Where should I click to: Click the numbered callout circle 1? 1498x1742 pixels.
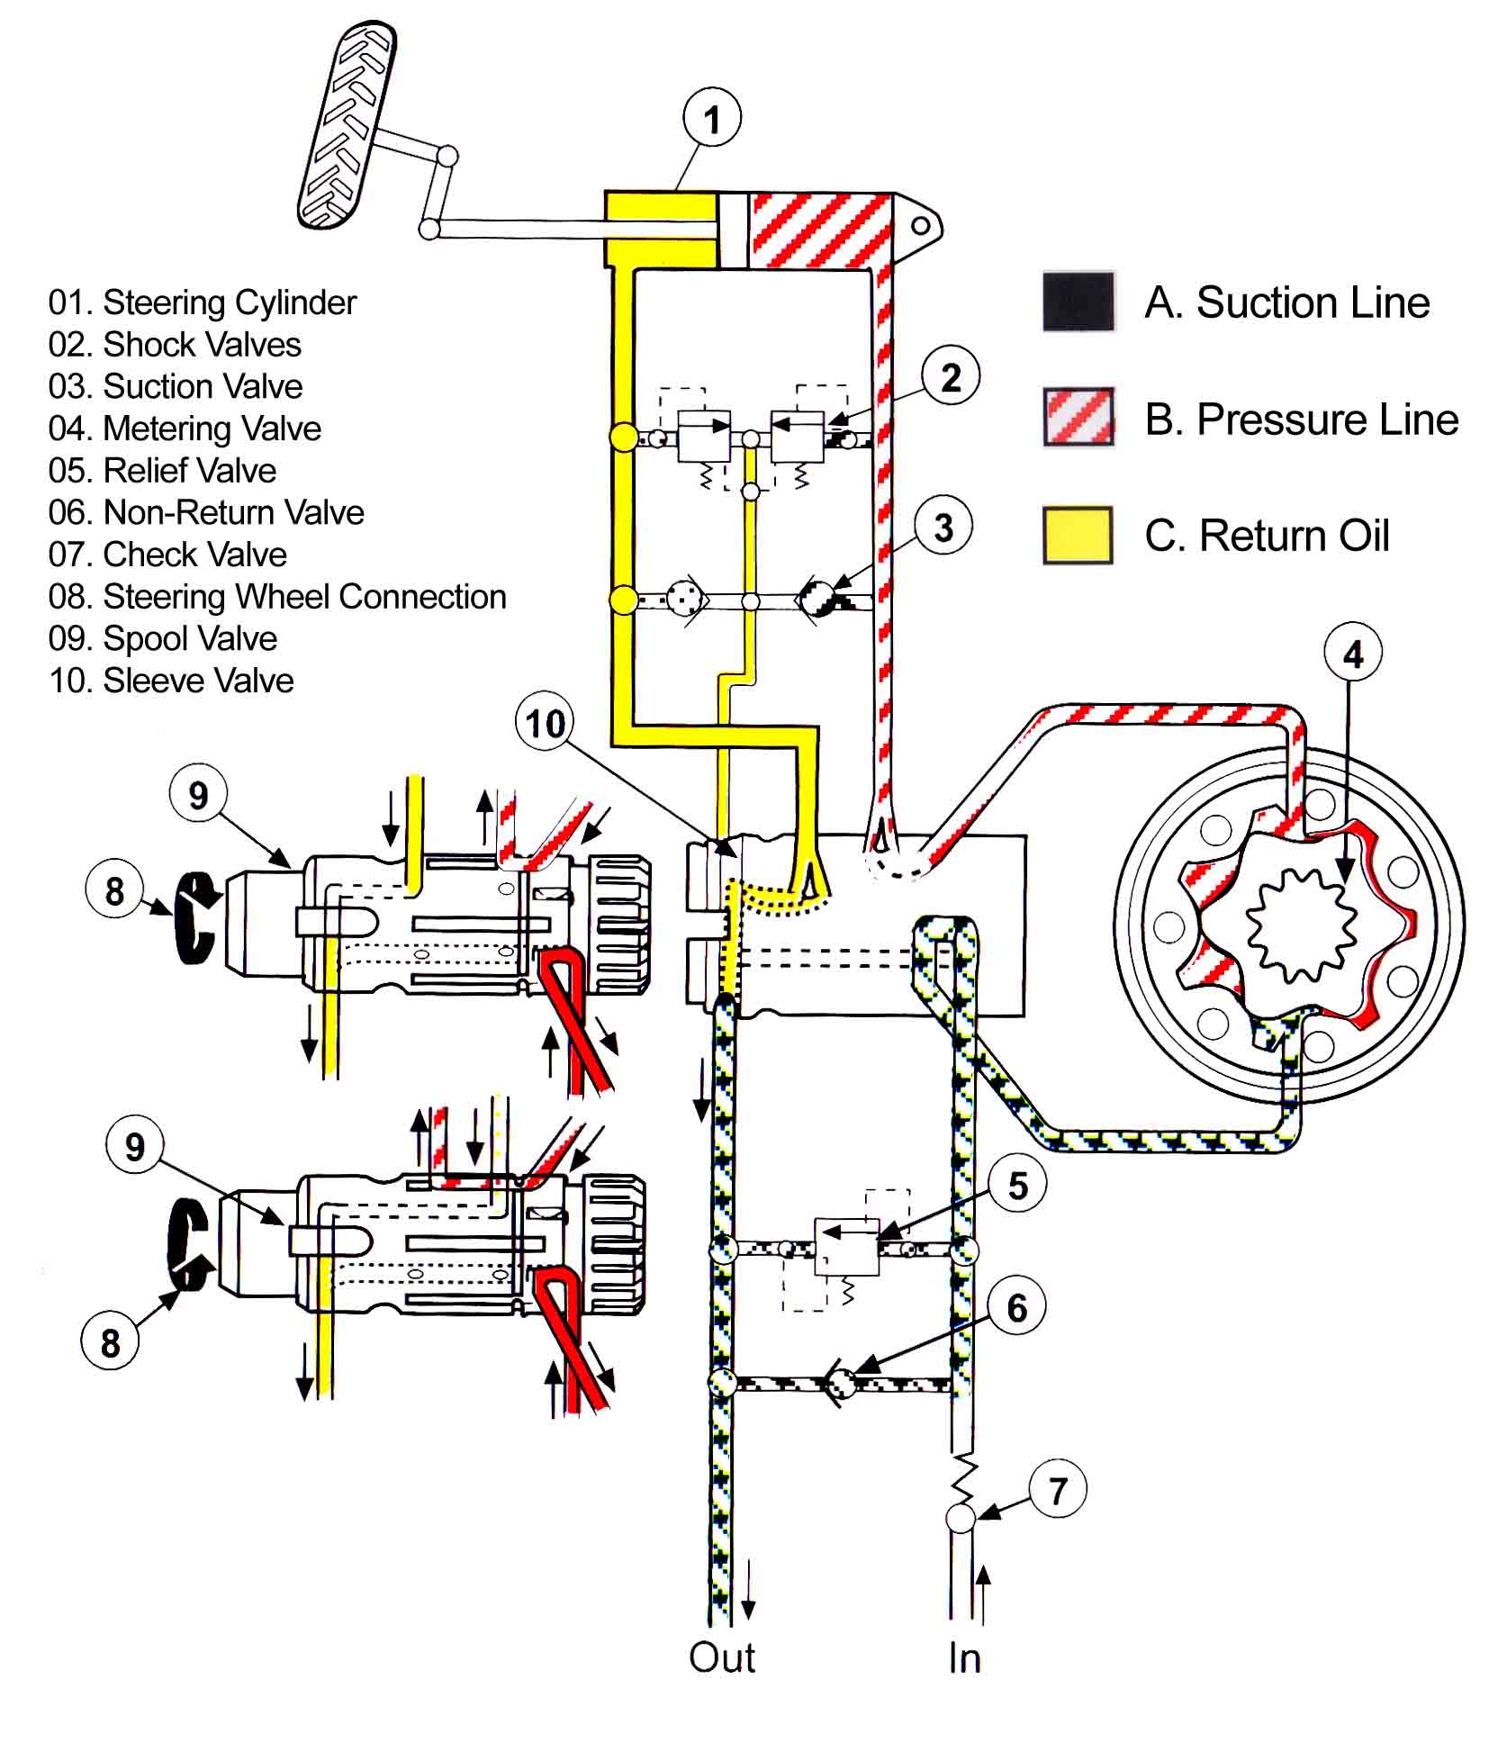point(712,118)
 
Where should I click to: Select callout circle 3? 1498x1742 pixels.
point(943,528)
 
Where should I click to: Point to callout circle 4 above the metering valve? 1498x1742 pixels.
point(1353,654)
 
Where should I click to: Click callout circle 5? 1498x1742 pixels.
point(1017,1186)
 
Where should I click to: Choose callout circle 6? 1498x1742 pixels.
point(1016,1308)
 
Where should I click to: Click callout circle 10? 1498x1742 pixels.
point(546,723)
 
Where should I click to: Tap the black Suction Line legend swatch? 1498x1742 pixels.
point(1078,302)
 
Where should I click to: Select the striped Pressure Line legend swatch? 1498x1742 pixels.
point(1078,417)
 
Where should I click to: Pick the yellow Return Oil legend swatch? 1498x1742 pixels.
point(1078,536)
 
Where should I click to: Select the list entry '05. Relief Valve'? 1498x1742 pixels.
point(162,471)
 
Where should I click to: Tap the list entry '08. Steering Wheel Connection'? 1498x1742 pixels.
point(277,597)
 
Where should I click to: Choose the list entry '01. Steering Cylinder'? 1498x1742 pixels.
point(203,302)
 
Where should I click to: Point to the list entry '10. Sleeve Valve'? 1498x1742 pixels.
point(171,681)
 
